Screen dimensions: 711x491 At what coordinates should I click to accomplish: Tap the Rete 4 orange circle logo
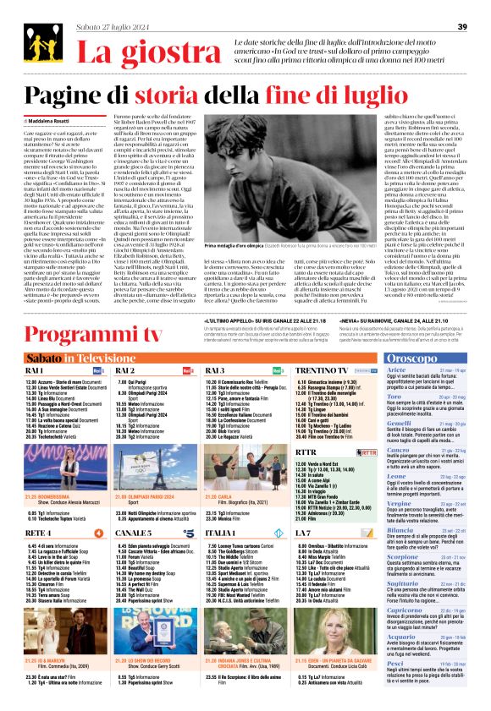98,510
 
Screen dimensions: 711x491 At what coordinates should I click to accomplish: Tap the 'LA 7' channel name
305,510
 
